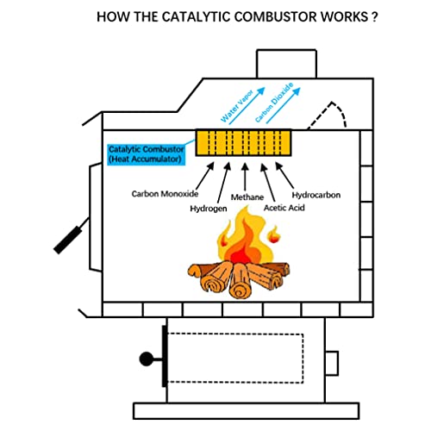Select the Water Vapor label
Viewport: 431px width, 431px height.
coord(231,109)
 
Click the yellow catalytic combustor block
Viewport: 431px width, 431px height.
coord(243,143)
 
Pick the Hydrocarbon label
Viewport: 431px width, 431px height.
coord(315,195)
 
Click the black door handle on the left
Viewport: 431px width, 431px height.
coord(70,238)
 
